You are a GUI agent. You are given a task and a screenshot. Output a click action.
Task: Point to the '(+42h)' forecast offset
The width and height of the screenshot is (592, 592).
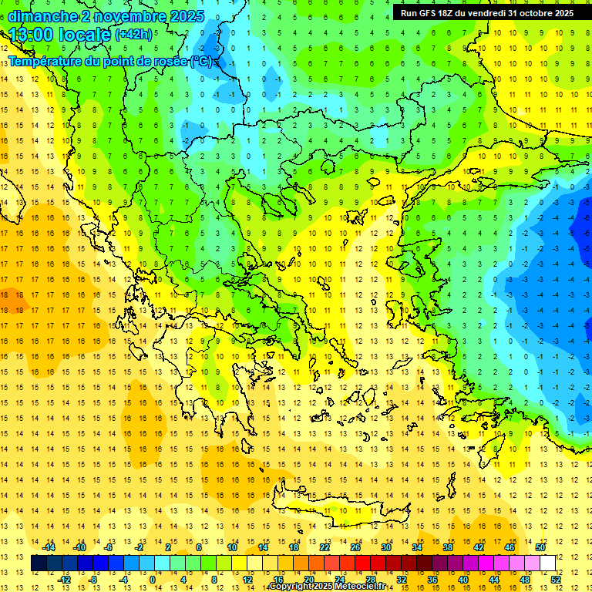click(134, 35)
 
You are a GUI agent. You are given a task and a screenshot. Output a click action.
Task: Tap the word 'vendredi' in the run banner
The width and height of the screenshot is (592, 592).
click(486, 13)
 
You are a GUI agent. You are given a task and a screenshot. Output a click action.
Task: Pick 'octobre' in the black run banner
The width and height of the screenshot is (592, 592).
click(537, 13)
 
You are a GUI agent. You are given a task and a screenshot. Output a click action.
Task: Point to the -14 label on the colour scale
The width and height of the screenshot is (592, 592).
click(49, 547)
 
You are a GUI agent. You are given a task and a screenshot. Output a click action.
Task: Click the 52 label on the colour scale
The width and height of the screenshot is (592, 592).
click(557, 579)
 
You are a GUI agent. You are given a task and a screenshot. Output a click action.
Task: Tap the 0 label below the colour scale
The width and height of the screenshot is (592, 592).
click(153, 579)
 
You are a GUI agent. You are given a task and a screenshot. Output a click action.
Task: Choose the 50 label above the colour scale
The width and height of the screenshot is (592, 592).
click(541, 547)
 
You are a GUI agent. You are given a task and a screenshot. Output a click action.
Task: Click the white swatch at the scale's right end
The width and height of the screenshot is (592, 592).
click(548, 563)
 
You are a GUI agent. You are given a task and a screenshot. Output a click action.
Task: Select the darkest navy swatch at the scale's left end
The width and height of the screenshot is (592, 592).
click(39, 563)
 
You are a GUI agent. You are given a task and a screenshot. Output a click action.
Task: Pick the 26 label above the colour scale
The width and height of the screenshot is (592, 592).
click(355, 547)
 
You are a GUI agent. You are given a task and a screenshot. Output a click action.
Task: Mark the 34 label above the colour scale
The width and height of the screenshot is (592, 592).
click(416, 547)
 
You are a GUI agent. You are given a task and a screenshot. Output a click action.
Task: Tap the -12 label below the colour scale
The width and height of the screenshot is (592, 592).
click(64, 579)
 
